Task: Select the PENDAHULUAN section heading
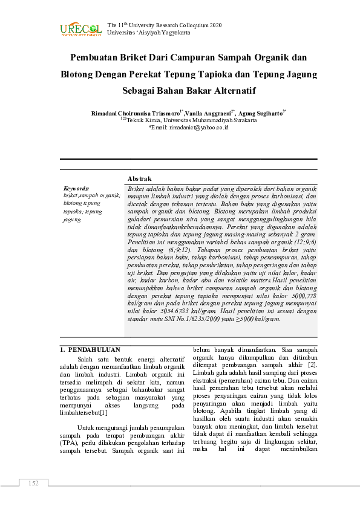pyautogui.click(x=94, y=349)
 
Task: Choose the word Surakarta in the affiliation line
pyautogui.click(x=242, y=120)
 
